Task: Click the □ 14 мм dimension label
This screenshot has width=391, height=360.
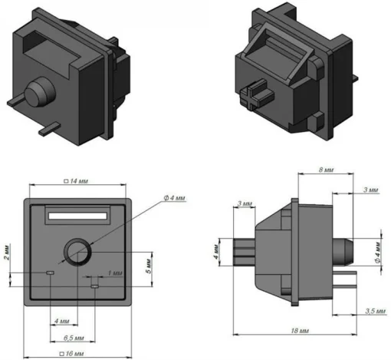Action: (x=77, y=181)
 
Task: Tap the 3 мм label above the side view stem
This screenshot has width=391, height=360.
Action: (x=245, y=203)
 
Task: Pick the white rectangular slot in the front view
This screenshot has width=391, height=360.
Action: (x=77, y=217)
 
